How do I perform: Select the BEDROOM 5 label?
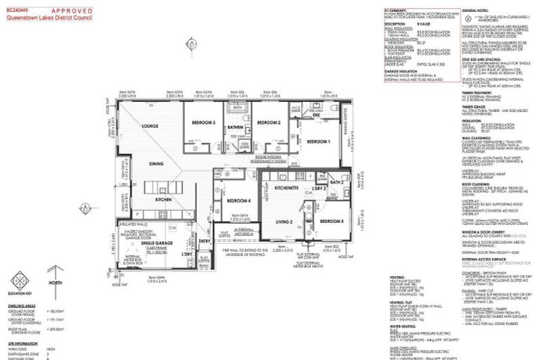pyautogui.click(x=331, y=221)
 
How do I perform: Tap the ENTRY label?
pyautogui.click(x=205, y=242)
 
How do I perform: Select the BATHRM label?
pyautogui.click(x=236, y=127)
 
